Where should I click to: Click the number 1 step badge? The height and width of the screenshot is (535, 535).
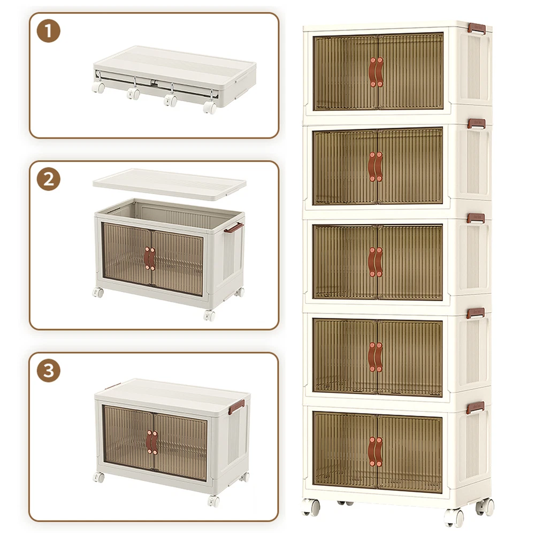point(49,31)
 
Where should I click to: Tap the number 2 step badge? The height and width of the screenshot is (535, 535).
point(49,179)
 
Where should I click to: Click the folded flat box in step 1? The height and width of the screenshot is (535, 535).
point(175,76)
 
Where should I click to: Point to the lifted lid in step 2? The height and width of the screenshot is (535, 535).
point(170,184)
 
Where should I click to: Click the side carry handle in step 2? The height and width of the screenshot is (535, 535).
point(233,227)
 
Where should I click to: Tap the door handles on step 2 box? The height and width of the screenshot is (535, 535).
point(150,258)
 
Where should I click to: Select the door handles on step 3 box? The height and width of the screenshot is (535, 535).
point(152,442)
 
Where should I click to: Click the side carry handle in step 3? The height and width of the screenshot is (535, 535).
point(236,407)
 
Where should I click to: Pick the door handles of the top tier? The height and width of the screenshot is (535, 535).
point(376,72)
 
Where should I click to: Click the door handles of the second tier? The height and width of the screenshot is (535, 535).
point(376,167)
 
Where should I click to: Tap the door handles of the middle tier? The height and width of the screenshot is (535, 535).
point(376,262)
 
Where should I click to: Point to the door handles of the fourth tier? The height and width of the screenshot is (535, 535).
point(376,357)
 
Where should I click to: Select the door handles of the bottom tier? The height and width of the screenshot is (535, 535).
point(376,452)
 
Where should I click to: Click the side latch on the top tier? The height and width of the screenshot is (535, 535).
point(477,29)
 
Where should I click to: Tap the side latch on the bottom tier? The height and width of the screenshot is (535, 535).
point(476,407)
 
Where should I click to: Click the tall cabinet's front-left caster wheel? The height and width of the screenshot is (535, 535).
point(311,507)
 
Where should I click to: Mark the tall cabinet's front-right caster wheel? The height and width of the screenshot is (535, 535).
point(454,517)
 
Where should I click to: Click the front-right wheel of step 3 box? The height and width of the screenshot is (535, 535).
point(213,501)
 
